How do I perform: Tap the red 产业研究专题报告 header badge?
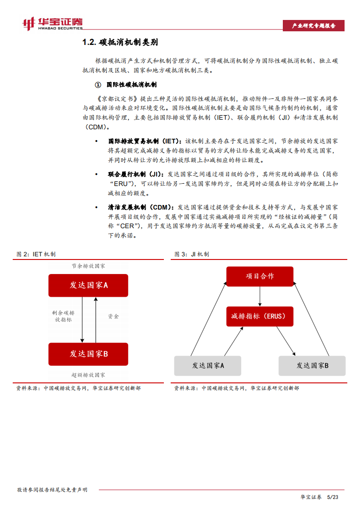click(x=313, y=26)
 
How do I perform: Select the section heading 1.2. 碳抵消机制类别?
click(x=120, y=43)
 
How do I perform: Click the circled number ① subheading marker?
click(x=97, y=85)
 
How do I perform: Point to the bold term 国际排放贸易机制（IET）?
click(x=144, y=141)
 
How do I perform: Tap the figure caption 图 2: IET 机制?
click(x=36, y=254)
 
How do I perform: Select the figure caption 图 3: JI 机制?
click(x=192, y=254)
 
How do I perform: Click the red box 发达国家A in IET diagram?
click(x=88, y=285)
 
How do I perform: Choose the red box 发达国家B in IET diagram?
click(x=88, y=354)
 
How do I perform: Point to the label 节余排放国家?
click(x=88, y=266)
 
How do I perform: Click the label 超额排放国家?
click(x=88, y=375)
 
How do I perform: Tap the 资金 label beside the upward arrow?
click(x=113, y=316)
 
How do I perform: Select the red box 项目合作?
click(x=260, y=276)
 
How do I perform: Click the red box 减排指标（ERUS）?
click(x=260, y=316)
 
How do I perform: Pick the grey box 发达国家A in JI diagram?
click(x=208, y=365)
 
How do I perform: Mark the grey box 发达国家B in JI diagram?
click(x=312, y=365)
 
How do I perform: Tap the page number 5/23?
click(x=333, y=497)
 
